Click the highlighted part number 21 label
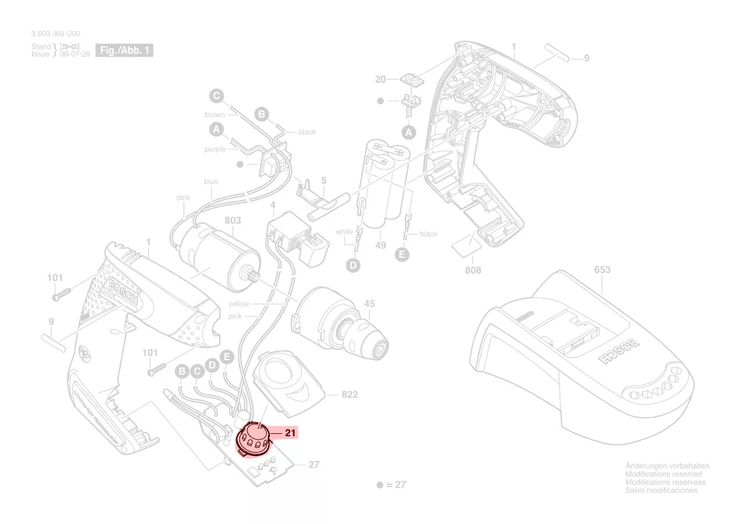tap(290, 433)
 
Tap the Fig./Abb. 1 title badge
tap(124, 50)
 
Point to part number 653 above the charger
tap(602, 270)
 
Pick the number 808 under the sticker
tap(473, 270)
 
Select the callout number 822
tap(349, 394)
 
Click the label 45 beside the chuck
tap(369, 304)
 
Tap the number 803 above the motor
tap(233, 220)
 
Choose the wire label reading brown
tap(215, 115)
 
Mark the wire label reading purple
tap(215, 149)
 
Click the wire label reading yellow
tap(239, 304)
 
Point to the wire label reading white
tap(344, 232)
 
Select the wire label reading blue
tap(211, 182)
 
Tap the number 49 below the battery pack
tap(381, 245)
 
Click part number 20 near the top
tap(381, 79)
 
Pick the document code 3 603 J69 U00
tap(56, 34)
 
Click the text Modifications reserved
tap(664, 474)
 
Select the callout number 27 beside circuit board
tap(314, 465)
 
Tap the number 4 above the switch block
tap(273, 205)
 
